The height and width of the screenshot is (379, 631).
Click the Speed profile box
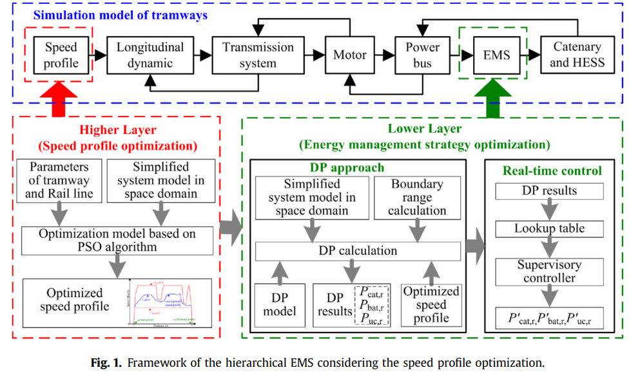tap(61, 55)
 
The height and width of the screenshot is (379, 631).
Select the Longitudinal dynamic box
tap(150, 55)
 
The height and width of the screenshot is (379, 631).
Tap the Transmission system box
tap(258, 55)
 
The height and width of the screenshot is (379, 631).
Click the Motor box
tap(349, 55)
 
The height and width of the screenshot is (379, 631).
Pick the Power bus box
tap(422, 55)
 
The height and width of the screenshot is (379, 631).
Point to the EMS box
tap(496, 55)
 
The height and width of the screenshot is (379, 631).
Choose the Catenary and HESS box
tap(577, 55)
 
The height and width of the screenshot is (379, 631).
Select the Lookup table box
tap(549, 228)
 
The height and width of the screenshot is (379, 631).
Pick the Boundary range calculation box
tap(417, 197)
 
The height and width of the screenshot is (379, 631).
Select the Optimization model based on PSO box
tap(117, 240)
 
